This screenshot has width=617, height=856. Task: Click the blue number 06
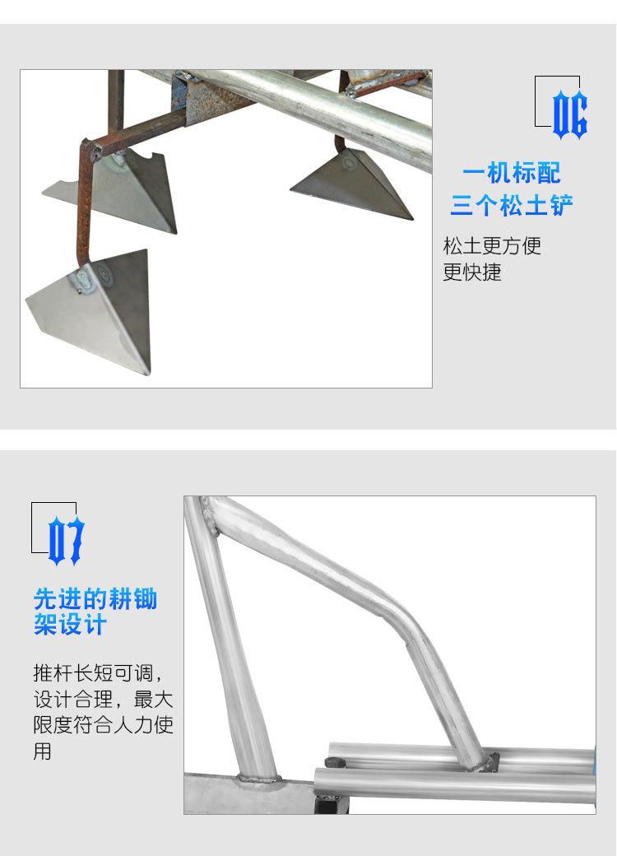(x=569, y=114)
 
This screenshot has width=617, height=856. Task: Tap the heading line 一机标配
(x=511, y=174)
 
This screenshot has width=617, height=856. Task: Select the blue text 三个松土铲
(x=511, y=204)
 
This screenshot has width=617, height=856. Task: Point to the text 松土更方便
(x=492, y=245)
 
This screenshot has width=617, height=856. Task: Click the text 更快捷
(x=472, y=272)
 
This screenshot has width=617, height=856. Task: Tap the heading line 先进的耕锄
(x=95, y=598)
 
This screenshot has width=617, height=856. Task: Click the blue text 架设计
(x=70, y=625)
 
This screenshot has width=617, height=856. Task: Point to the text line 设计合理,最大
(x=103, y=700)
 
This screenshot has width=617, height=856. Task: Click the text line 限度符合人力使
(x=103, y=726)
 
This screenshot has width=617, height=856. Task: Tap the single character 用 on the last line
(x=43, y=751)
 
